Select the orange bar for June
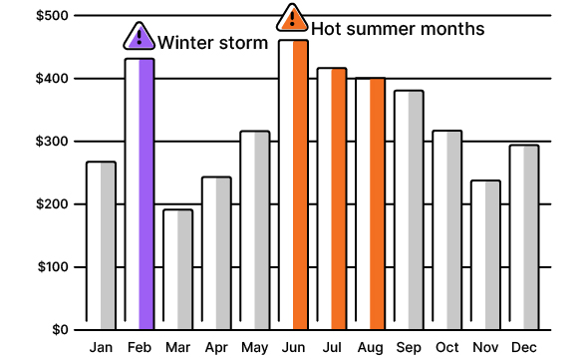click(293, 185)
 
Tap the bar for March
click(177, 269)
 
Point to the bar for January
click(101, 245)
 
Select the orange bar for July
click(332, 198)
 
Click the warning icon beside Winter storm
click(140, 38)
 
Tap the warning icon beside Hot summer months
click(292, 18)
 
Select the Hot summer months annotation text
click(398, 28)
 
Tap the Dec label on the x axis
click(524, 347)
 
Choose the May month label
click(254, 347)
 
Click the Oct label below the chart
click(447, 347)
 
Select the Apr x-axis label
click(215, 347)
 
